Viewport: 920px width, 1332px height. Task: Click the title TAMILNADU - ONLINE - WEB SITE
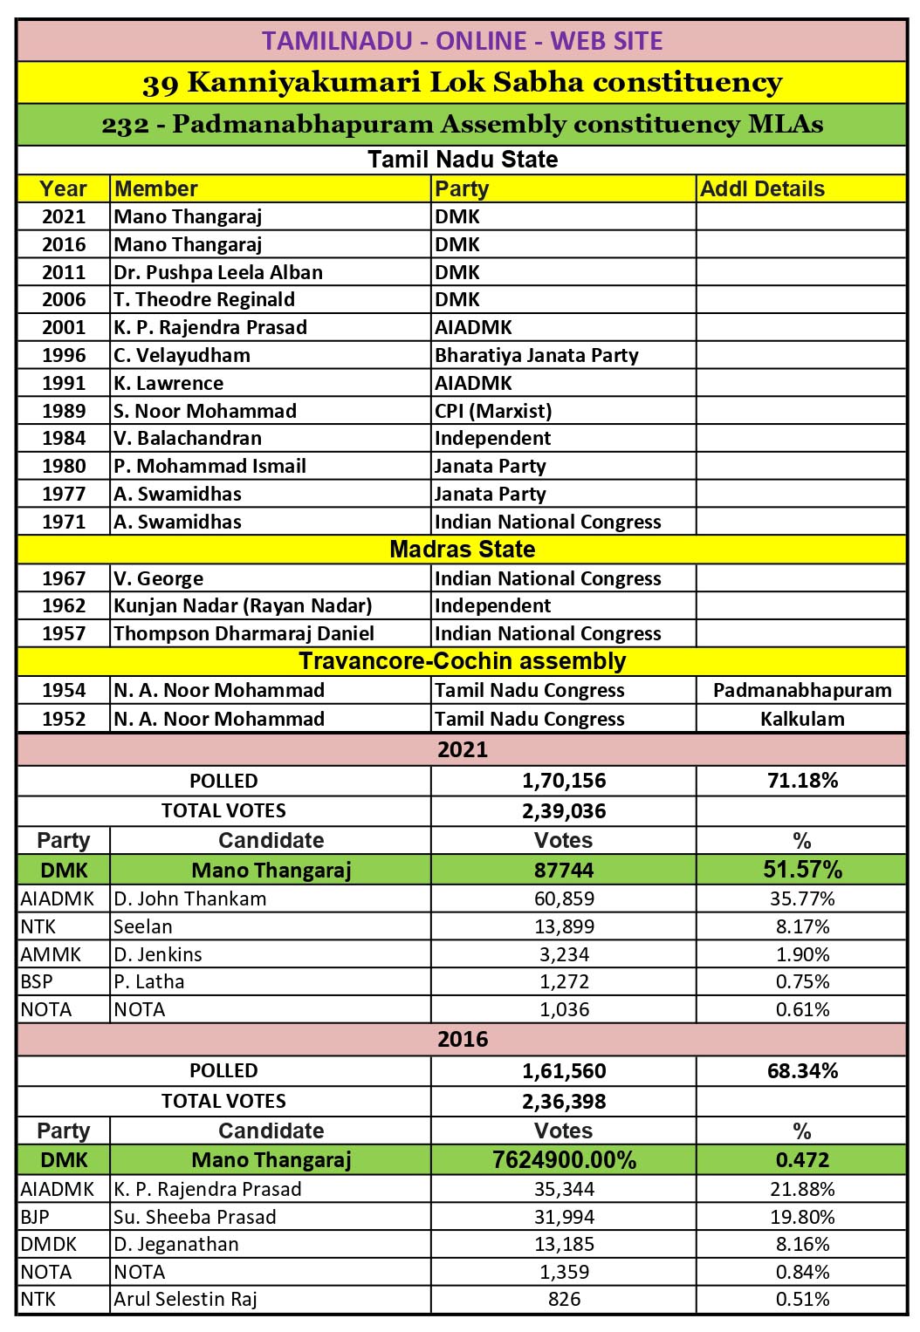462,41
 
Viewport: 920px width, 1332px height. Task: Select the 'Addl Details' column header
762,189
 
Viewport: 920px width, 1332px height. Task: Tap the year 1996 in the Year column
64,355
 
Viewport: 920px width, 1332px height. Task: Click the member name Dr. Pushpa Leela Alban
218,272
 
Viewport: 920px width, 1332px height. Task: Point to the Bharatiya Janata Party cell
536,355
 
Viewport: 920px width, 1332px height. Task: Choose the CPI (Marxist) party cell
493,411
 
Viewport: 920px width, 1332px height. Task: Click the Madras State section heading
462,550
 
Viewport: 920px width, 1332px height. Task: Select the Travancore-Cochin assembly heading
462,661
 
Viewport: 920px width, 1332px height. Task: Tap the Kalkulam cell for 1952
801,719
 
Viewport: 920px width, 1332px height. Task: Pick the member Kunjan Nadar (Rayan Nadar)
243,605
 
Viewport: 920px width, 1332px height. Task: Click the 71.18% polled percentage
801,781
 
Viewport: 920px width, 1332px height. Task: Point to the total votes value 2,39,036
564,811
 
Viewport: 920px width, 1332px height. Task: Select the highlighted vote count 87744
564,870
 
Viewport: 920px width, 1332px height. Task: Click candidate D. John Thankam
189,898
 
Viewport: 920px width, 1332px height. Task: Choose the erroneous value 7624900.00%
564,1160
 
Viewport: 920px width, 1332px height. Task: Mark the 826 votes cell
564,1299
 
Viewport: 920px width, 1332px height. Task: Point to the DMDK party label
49,1244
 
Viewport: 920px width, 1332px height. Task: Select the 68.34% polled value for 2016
801,1071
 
